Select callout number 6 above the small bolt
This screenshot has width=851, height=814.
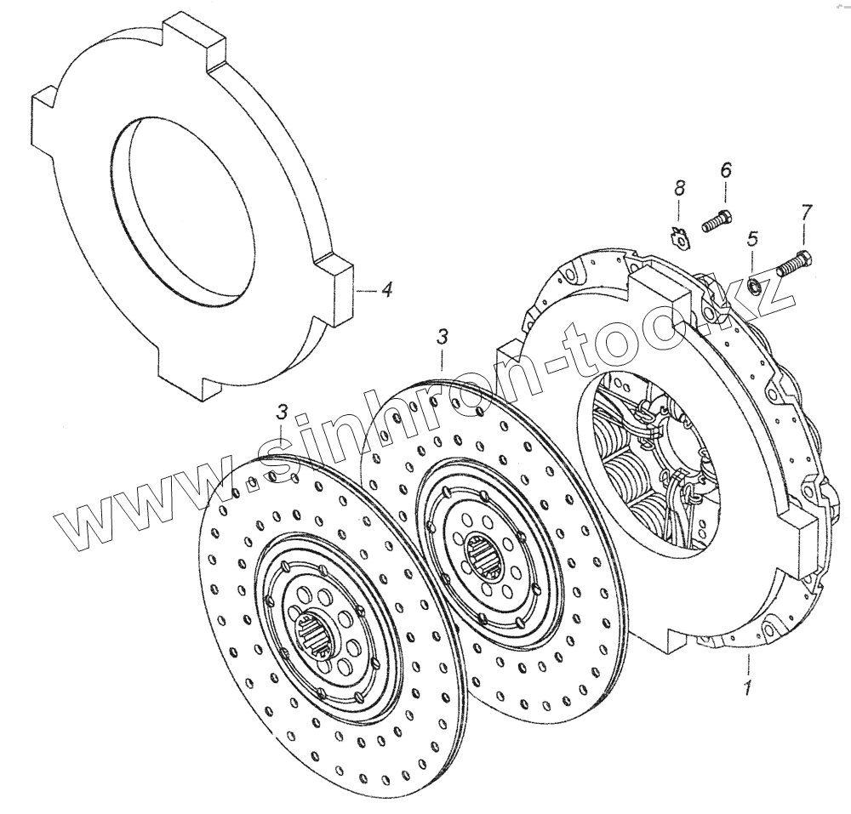pos(725,170)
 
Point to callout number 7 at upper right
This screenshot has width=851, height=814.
pos(805,213)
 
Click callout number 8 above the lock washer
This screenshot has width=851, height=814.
pos(678,189)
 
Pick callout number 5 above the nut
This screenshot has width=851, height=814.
pos(751,239)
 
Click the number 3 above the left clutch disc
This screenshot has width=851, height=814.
pos(282,413)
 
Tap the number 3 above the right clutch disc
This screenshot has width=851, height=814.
pos(442,338)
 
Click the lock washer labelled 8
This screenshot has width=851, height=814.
pos(678,238)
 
